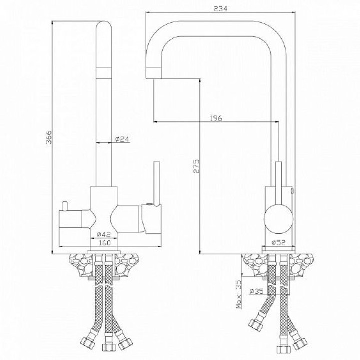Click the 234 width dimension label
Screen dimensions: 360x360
coord(220,9)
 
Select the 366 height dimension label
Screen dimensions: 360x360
coord(49,137)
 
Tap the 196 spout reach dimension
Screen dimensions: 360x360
coord(216,118)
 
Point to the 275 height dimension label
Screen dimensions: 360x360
coord(196,166)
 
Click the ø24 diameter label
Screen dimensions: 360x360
coord(122,139)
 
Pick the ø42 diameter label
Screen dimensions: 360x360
coord(104,234)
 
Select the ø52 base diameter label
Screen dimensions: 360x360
coord(278,242)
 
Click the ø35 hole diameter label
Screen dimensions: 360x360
coord(257,291)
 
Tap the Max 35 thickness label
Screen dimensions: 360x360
coord(239,294)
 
